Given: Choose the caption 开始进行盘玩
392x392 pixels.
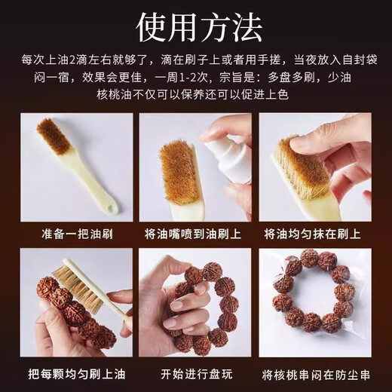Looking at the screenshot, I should [x=195, y=372].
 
